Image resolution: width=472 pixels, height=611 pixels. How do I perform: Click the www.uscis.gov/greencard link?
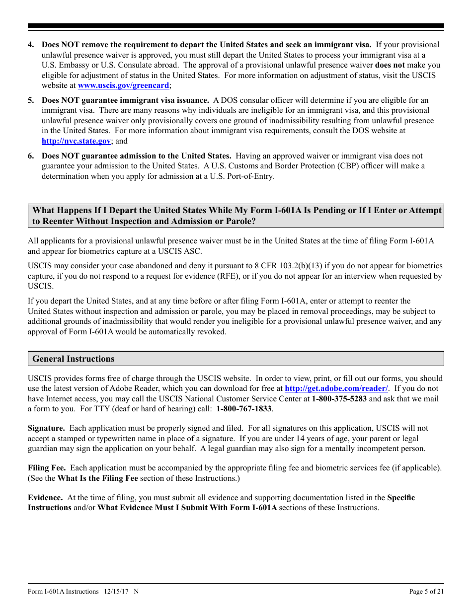[x=123, y=85]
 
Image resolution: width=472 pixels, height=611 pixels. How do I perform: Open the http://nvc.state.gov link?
[x=76, y=141]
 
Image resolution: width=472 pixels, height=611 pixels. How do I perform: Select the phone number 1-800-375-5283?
[x=339, y=399]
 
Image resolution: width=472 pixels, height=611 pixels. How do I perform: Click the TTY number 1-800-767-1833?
[x=244, y=409]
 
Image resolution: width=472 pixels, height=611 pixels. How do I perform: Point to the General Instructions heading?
[x=73, y=359]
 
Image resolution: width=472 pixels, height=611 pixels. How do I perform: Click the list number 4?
[x=31, y=45]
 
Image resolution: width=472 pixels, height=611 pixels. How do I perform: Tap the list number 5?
[x=31, y=100]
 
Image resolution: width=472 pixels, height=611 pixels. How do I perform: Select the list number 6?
[x=31, y=155]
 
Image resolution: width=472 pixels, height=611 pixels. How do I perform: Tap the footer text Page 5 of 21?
[x=426, y=591]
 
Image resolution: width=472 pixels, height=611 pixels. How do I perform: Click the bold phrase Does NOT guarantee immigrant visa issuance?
[x=125, y=100]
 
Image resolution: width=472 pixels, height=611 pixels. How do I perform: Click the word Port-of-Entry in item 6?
[x=249, y=176]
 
